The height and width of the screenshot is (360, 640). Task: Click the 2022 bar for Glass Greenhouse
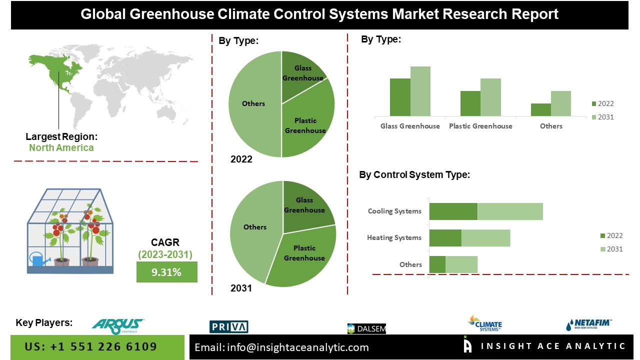[400, 97]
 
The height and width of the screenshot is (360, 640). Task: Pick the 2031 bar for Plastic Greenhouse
[490, 97]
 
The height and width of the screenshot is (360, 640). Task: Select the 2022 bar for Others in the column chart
[540, 110]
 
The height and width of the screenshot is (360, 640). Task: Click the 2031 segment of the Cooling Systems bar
[510, 211]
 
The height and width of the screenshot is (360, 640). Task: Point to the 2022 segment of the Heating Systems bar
[445, 238]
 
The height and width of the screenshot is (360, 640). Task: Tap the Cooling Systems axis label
[394, 211]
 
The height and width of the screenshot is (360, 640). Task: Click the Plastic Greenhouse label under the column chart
[480, 126]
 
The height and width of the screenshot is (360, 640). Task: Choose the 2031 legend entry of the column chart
[602, 117]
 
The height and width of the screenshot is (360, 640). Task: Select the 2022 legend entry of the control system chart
[611, 235]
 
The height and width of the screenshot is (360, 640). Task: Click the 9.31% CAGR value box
[166, 272]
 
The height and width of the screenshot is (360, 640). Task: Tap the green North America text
[61, 147]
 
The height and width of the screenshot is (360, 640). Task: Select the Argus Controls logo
[118, 326]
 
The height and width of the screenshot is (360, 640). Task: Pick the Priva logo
[228, 327]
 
